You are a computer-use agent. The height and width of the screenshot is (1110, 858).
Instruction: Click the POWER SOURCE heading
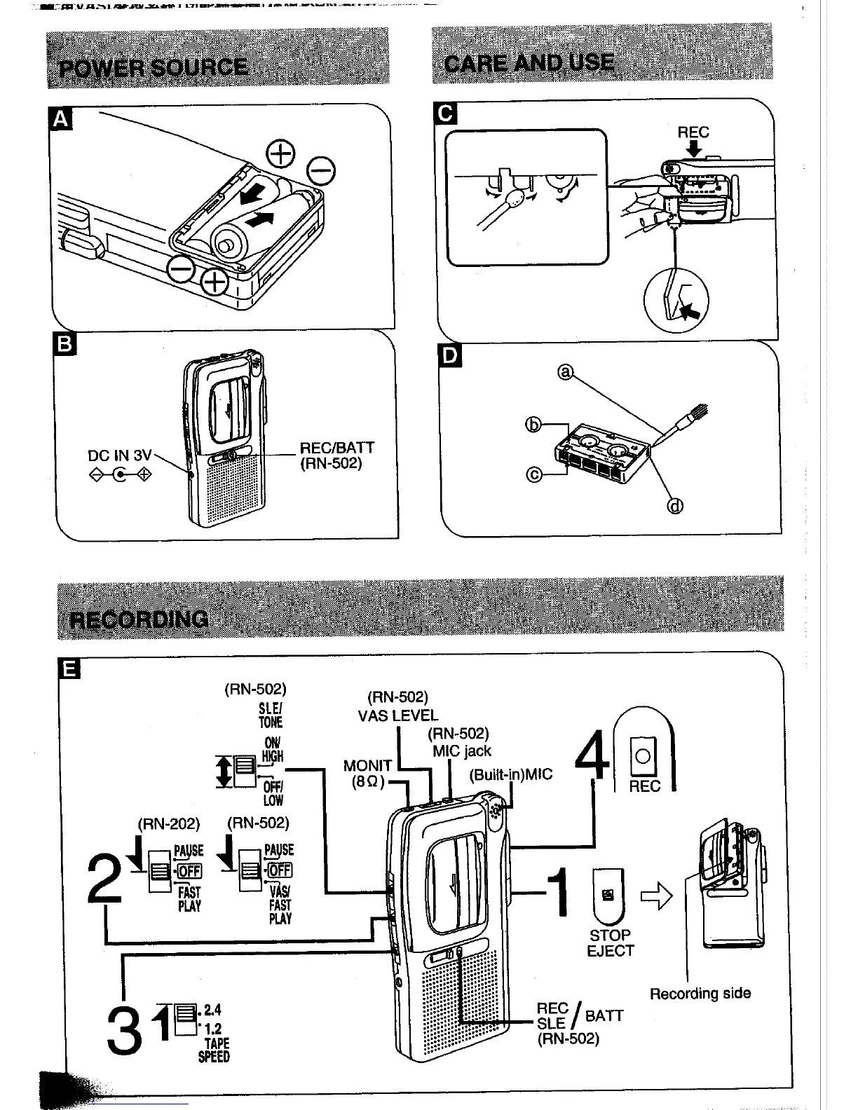[154, 67]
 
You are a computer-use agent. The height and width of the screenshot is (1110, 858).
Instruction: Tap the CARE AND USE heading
[529, 64]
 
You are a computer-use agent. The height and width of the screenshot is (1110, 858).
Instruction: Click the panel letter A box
[61, 120]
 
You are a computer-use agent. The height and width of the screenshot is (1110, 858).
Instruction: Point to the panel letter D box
[449, 356]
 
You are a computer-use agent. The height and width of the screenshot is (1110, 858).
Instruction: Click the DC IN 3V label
[119, 455]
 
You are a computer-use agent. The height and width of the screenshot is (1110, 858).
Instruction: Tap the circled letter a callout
[564, 373]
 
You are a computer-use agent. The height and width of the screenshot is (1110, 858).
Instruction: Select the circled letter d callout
[675, 505]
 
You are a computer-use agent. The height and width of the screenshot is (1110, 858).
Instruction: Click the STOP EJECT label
[610, 943]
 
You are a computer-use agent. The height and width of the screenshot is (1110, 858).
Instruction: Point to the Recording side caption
[700, 993]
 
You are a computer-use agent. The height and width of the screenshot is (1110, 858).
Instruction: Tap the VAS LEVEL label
[397, 715]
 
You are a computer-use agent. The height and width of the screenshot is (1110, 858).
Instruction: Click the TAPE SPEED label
[214, 1050]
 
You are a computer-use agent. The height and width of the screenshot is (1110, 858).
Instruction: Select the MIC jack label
[461, 751]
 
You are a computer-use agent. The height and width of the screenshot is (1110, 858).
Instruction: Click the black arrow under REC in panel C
[694, 149]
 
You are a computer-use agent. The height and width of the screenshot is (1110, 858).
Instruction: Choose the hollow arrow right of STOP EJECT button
[656, 896]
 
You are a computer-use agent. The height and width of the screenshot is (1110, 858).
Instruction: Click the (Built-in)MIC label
[510, 774]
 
